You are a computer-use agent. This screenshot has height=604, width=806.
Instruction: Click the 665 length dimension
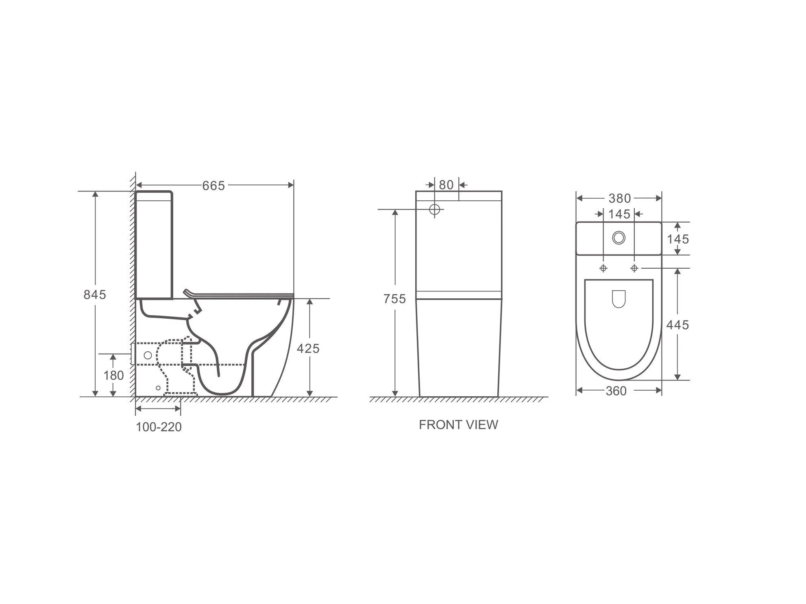coord(213,186)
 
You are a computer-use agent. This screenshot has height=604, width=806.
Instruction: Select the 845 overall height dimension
coord(95,294)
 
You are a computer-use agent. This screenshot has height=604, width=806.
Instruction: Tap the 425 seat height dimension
coord(308,348)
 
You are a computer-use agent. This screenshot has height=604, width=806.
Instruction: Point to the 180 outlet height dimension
coord(113,375)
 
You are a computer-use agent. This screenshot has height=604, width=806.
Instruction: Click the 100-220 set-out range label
coord(159,427)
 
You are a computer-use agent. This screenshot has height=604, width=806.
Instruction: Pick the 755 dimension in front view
coord(394,299)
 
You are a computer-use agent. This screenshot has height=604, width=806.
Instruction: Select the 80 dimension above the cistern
coord(446,185)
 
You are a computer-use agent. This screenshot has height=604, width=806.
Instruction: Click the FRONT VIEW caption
coord(458,425)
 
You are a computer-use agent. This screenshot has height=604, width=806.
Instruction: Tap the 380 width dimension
coord(619,198)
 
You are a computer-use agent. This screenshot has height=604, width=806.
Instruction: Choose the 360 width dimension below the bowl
coord(616,391)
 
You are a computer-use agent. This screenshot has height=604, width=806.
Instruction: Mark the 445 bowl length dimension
coord(677,325)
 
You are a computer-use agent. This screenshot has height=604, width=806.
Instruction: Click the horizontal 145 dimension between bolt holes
coord(619,214)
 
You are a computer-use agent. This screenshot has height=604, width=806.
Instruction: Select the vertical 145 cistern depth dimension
coord(677,239)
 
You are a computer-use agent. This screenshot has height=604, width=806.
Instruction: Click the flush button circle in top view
coord(619,237)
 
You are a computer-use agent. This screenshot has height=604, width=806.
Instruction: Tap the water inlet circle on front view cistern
coord(435,210)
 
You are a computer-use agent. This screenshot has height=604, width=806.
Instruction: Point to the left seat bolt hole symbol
coord(603,268)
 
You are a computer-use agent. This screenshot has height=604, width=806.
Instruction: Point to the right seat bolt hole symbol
coord(634,268)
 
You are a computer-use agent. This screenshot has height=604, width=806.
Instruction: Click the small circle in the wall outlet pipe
coord(148,355)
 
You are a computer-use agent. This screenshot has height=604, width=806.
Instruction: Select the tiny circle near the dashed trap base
coord(158,388)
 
